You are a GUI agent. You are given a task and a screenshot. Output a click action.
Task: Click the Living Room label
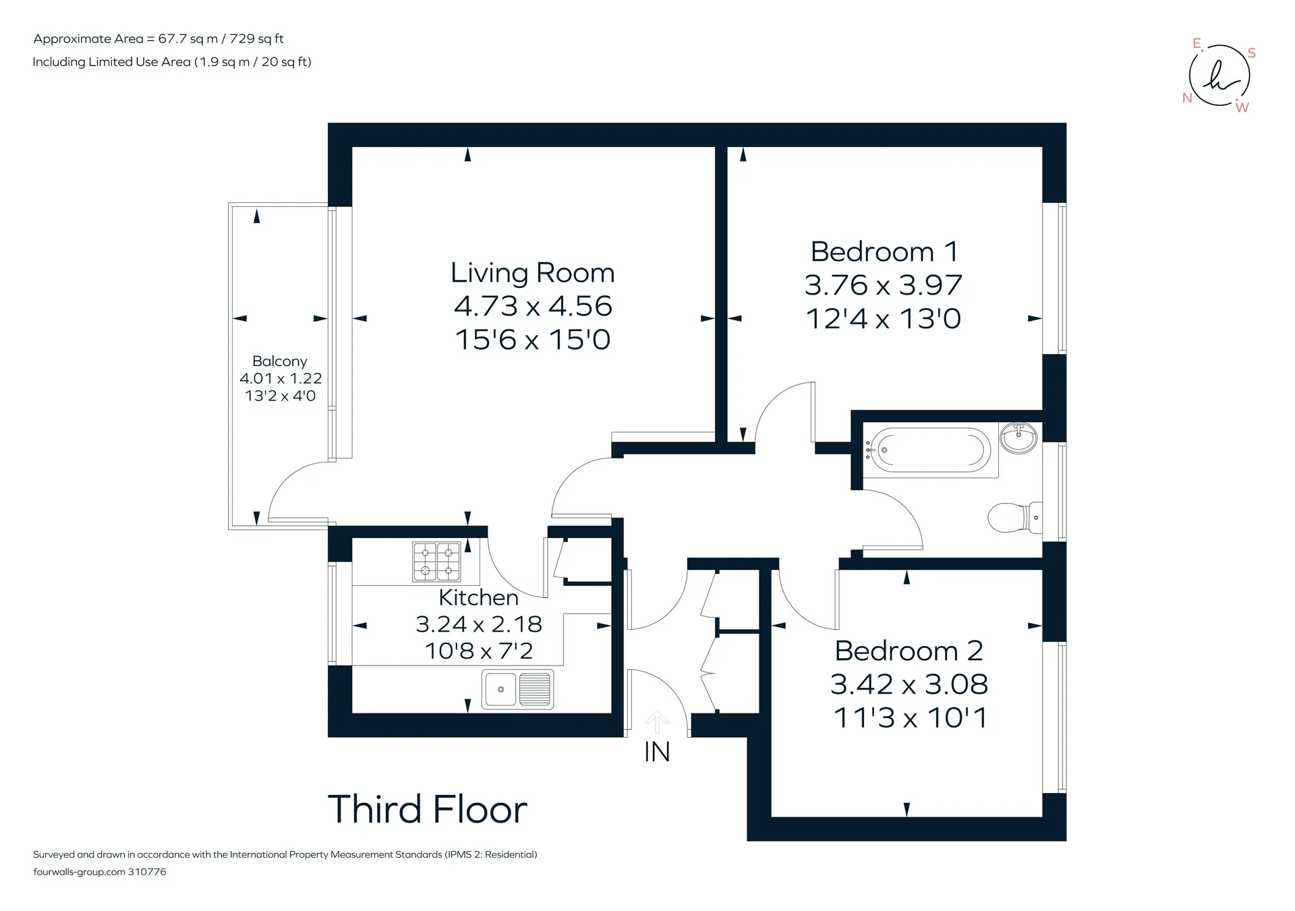(533, 273)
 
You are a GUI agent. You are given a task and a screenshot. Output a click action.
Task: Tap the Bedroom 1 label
(884, 252)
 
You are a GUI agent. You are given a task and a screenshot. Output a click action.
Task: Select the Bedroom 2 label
(909, 651)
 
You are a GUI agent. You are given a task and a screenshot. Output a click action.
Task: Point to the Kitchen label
(478, 597)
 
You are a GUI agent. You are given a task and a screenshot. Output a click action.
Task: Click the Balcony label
(280, 361)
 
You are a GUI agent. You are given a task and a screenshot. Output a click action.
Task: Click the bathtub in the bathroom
(929, 450)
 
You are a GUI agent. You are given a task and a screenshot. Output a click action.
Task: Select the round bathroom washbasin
(1018, 438)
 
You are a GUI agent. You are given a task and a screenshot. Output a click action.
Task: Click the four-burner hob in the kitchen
(436, 562)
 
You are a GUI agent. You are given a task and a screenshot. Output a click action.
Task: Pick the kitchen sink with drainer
(517, 689)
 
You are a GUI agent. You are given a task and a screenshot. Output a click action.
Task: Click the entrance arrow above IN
(657, 722)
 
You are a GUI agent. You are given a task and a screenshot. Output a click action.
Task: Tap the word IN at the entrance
(657, 752)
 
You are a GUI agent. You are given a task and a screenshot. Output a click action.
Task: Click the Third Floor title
(427, 809)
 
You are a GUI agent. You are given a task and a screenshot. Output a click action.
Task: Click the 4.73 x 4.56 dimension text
(533, 306)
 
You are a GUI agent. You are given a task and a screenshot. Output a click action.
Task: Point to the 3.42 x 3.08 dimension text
(909, 684)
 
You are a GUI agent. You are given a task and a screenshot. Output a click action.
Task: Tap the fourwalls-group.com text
(79, 872)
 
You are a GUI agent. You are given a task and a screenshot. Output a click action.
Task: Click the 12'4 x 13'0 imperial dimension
(884, 319)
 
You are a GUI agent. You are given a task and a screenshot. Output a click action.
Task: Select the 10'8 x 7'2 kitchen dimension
(479, 651)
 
